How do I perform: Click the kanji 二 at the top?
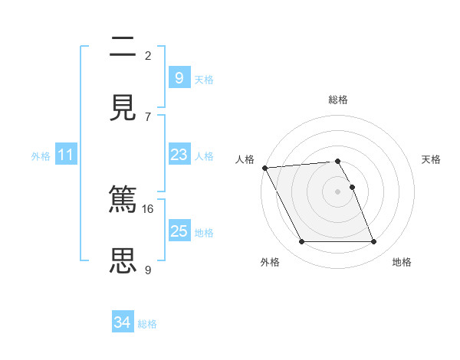123,47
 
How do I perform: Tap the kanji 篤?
123,200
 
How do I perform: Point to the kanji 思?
123,260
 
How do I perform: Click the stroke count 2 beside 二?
148,56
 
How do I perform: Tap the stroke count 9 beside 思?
148,269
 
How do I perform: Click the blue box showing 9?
179,77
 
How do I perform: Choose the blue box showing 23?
179,155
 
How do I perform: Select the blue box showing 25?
179,231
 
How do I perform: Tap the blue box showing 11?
66,155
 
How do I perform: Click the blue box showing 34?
123,323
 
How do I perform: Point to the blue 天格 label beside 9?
204,79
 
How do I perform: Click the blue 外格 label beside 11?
41,156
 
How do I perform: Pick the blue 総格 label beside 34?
147,325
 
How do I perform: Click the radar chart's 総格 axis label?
338,100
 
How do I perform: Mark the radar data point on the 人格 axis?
264,168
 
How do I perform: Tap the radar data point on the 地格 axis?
374,242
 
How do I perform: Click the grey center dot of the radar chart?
338,191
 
